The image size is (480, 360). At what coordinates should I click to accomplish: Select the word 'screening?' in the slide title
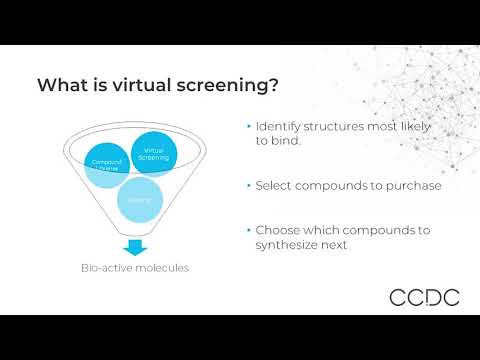click(x=221, y=85)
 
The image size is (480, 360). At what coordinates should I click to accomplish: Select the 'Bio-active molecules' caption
click(x=135, y=268)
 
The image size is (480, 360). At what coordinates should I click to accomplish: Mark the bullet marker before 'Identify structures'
click(x=248, y=127)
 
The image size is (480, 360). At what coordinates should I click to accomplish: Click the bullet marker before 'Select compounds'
click(x=248, y=185)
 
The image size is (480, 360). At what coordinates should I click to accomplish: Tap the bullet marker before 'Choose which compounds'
click(x=248, y=230)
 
